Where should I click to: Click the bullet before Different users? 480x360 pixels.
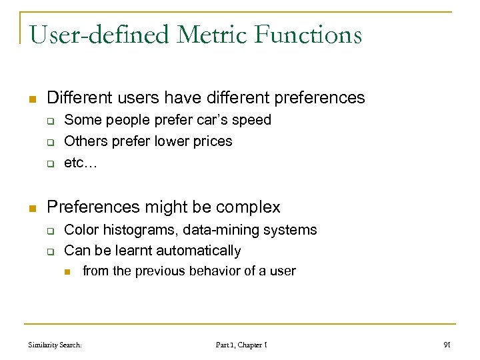(x=31, y=99)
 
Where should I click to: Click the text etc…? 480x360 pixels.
(x=80, y=163)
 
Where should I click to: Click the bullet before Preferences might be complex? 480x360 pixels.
(x=31, y=209)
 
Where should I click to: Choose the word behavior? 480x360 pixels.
(x=217, y=271)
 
